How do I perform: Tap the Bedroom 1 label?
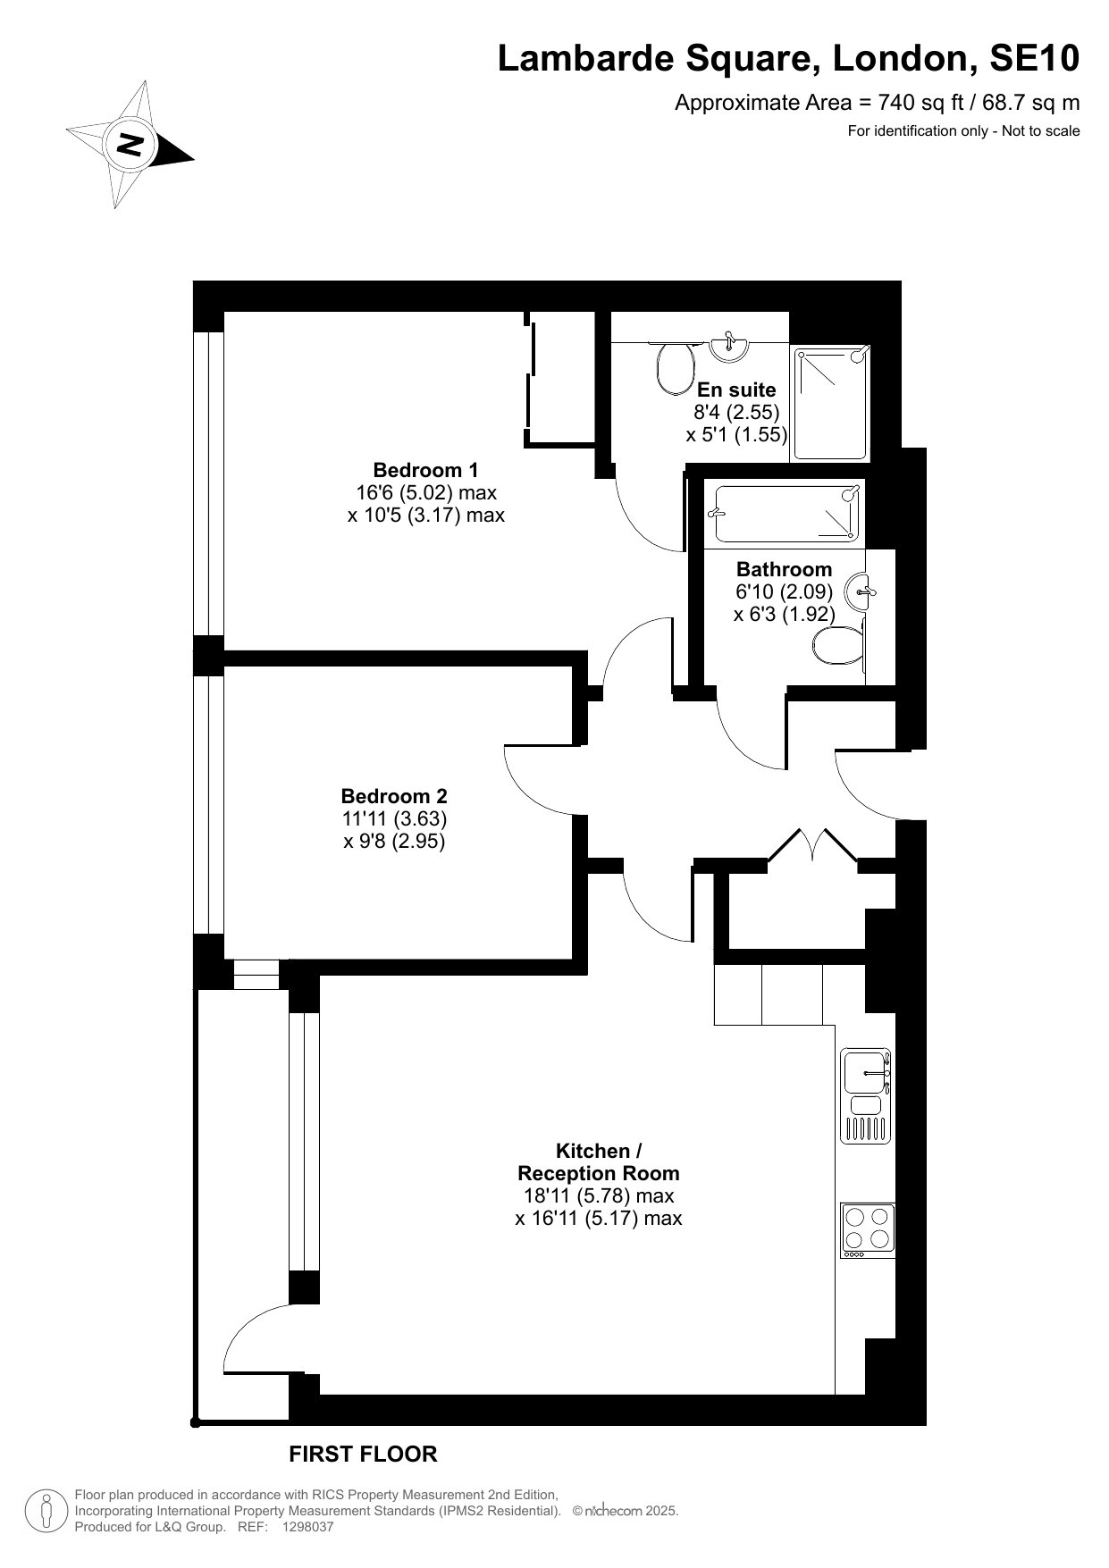click(425, 470)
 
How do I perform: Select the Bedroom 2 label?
click(394, 796)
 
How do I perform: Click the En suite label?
click(736, 390)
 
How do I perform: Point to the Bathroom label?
click(784, 569)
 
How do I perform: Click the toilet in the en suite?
click(676, 368)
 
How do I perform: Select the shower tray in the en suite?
click(831, 404)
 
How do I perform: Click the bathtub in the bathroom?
click(784, 514)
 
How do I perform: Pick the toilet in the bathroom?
click(839, 645)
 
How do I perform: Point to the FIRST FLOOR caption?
click(363, 1455)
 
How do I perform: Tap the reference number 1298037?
click(307, 1528)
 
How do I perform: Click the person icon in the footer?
click(46, 1511)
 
